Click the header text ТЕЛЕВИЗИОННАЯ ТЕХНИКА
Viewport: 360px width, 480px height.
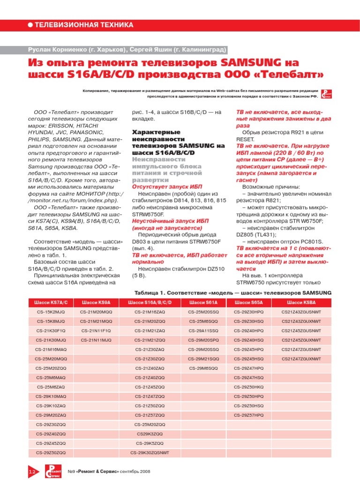coord(84,25)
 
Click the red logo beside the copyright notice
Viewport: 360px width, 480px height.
coord(328,94)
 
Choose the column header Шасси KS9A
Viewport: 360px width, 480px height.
coord(96,303)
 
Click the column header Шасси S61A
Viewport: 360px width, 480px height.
coord(203,303)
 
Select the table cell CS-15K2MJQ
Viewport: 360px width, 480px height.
coord(51,312)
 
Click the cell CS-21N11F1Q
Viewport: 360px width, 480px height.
coord(96,330)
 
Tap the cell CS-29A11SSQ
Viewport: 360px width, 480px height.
coord(203,330)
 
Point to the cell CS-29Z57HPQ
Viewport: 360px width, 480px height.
coord(249,415)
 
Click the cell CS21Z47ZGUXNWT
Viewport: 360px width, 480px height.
coord(301,359)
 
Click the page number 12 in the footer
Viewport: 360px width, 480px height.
coord(32,471)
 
